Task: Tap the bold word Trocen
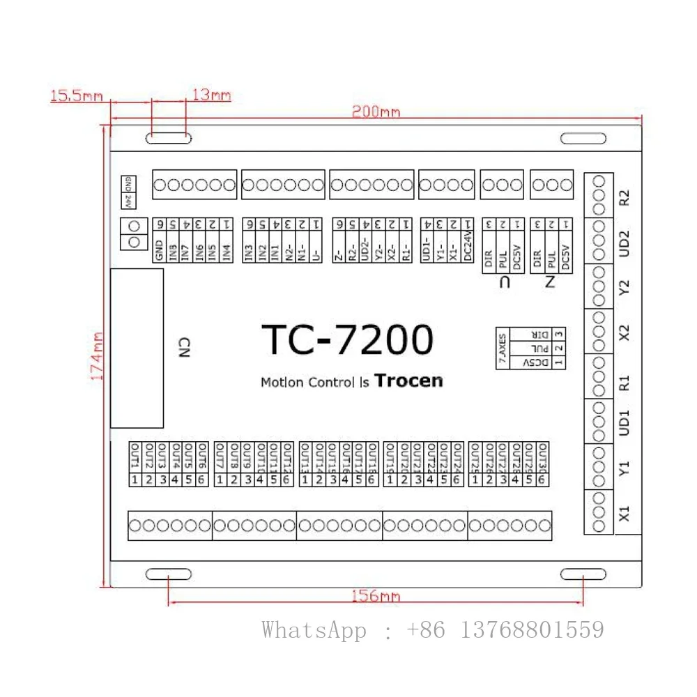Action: [x=408, y=381]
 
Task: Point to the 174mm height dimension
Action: [x=97, y=355]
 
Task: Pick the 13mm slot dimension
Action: [x=211, y=95]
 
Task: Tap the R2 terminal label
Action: [x=625, y=197]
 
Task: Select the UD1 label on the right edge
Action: [x=625, y=422]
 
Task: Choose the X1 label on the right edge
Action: [x=625, y=514]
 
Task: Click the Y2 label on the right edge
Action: [x=625, y=287]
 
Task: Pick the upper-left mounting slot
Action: [x=169, y=139]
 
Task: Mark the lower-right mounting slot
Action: [x=583, y=574]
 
